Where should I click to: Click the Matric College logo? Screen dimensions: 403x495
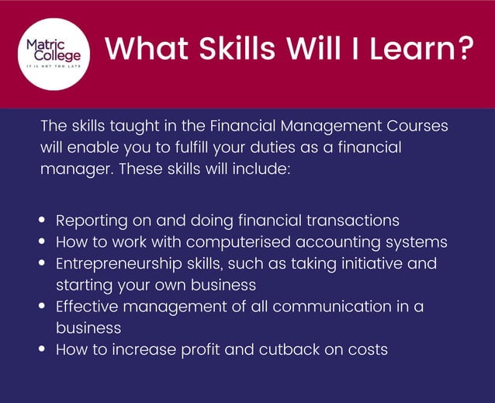[x=54, y=52]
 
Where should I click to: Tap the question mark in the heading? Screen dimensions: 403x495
[x=463, y=50]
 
